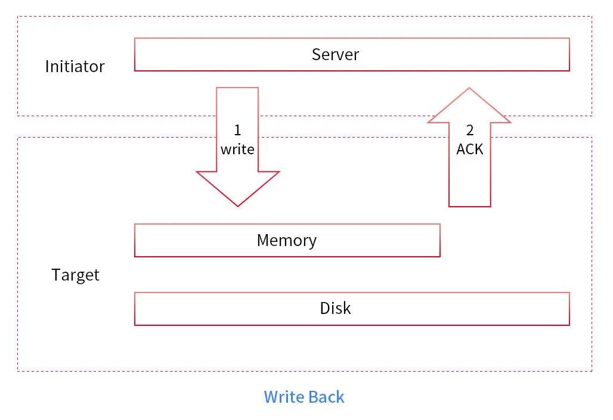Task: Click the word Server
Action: pos(335,54)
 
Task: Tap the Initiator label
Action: pos(75,66)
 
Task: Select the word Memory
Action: pos(287,240)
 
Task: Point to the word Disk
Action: pos(335,308)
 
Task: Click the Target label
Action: pos(76,275)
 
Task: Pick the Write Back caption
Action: pos(304,397)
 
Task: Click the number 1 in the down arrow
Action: pos(237,130)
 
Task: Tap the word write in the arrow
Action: pos(237,150)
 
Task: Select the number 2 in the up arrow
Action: pos(470,130)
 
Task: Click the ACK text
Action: pos(470,150)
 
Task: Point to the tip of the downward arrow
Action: pos(238,206)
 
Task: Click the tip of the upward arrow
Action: pos(469,88)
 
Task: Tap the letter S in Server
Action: pos(316,54)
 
